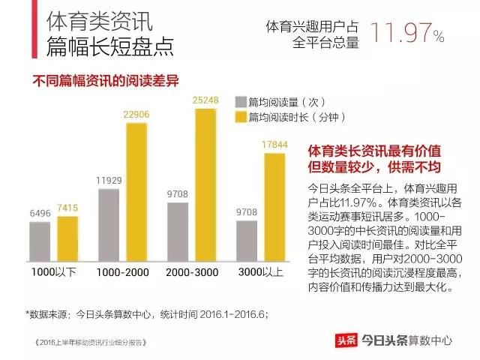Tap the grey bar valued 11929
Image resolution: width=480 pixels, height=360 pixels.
pos(109,223)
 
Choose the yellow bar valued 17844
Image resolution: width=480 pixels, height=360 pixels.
pos(274,205)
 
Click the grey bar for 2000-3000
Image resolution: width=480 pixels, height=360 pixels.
pos(178,230)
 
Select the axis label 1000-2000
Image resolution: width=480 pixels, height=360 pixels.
pos(123,271)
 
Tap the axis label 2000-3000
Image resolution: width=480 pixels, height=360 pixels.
pos(192,271)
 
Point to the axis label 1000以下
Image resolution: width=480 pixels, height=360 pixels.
pos(54,271)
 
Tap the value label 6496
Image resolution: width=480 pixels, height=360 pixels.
pos(40,214)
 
